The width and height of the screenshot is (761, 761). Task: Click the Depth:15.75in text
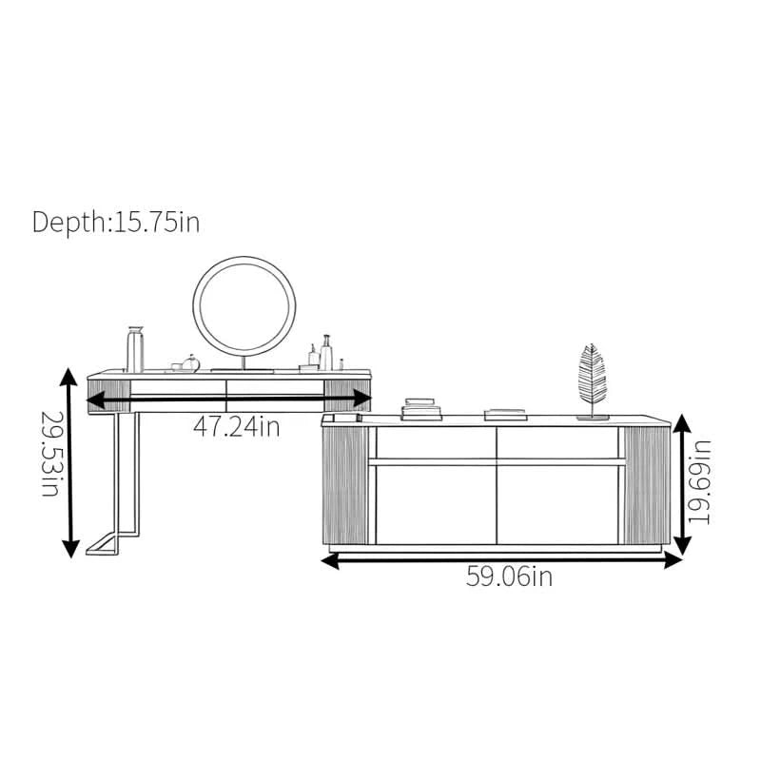[x=116, y=223]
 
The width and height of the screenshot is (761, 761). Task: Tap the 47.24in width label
[x=237, y=427]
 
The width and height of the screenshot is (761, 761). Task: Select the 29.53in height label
[x=50, y=454]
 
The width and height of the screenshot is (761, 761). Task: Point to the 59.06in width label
[x=509, y=576]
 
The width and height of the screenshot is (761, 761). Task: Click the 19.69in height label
[x=699, y=482]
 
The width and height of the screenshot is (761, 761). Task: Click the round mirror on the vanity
[x=244, y=306]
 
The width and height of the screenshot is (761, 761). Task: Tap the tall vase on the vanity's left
[x=135, y=349]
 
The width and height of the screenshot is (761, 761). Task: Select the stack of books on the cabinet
[x=420, y=409]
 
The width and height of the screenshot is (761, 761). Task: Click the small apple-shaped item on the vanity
[x=191, y=363]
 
